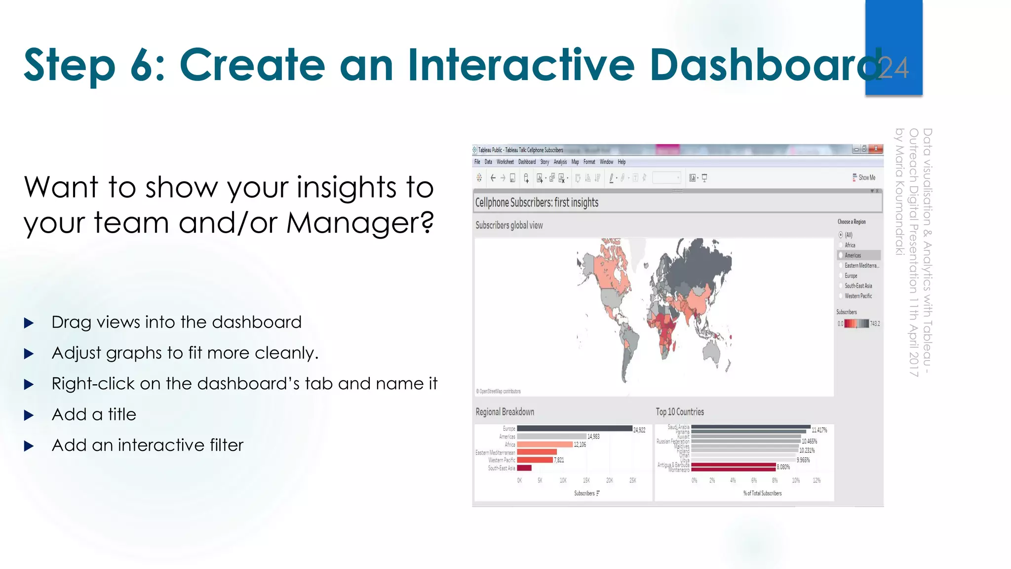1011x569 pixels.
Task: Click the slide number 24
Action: pyautogui.click(x=894, y=68)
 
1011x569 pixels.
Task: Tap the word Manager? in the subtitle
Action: pyautogui.click(x=360, y=223)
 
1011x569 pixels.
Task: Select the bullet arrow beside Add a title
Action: pyautogui.click(x=29, y=415)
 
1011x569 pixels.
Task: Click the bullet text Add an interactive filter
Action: pyautogui.click(x=148, y=446)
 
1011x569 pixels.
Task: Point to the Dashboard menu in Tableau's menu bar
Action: pyautogui.click(x=527, y=162)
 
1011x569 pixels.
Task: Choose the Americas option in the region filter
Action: pyautogui.click(x=853, y=255)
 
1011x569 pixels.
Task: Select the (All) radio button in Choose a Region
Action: pyautogui.click(x=841, y=235)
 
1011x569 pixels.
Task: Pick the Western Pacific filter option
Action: pyautogui.click(x=858, y=296)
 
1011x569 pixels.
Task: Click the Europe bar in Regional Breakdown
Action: pyautogui.click(x=574, y=429)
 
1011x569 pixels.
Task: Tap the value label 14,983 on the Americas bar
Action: pyautogui.click(x=593, y=437)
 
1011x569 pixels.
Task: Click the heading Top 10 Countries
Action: pyautogui.click(x=679, y=412)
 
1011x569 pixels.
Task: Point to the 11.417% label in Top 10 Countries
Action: pyautogui.click(x=819, y=430)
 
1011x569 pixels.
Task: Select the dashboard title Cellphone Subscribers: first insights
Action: pyautogui.click(x=537, y=203)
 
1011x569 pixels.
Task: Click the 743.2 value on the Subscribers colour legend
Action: pyautogui.click(x=875, y=324)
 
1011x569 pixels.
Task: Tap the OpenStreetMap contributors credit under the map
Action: pyautogui.click(x=499, y=391)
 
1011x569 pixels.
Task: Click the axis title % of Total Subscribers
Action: pyautogui.click(x=762, y=493)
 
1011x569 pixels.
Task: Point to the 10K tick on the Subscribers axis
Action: pyautogui.click(x=563, y=481)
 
